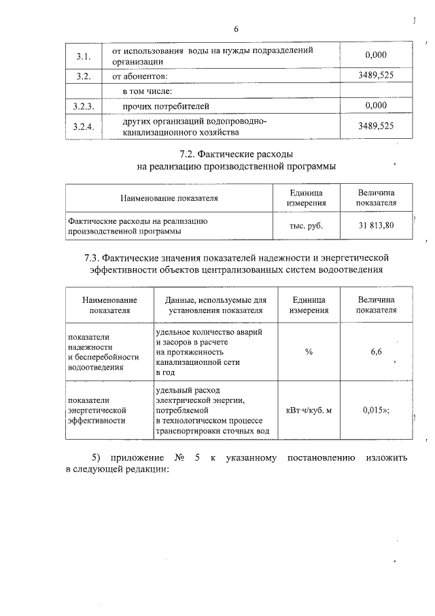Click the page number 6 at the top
pyautogui.click(x=236, y=29)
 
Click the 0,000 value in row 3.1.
pyautogui.click(x=375, y=55)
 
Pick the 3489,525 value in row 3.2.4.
pyautogui.click(x=375, y=127)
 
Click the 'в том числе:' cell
pyautogui.click(x=147, y=91)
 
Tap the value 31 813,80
pyautogui.click(x=377, y=225)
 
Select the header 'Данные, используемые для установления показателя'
pyautogui.click(x=212, y=305)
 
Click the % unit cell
pyautogui.click(x=309, y=351)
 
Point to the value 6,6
pyautogui.click(x=377, y=351)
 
